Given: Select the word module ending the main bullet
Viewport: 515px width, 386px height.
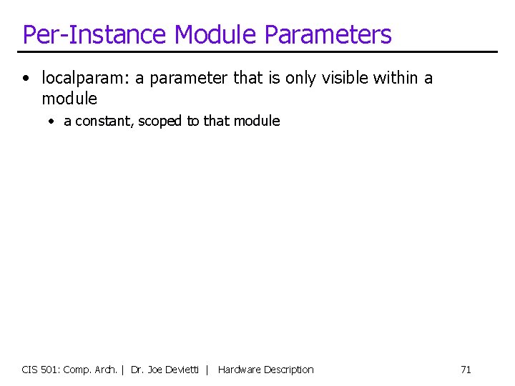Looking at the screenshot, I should [69, 99].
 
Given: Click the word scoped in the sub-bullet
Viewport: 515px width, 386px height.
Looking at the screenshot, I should [160, 122].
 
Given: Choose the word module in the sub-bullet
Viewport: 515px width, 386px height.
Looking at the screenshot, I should [256, 122].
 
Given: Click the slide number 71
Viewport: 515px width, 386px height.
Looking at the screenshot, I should [466, 370].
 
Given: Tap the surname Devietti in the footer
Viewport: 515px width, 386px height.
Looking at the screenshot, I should [183, 370].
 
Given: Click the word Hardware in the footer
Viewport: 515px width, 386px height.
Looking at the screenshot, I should [239, 370].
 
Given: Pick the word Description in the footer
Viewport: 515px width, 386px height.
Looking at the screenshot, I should [289, 370].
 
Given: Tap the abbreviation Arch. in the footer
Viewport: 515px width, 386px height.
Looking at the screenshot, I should [105, 370].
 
